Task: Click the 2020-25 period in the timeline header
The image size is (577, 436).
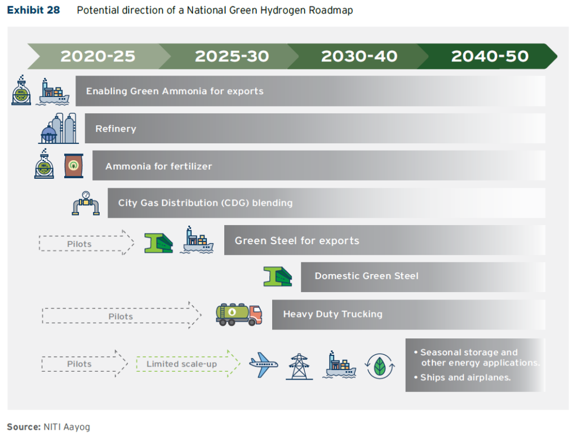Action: (98, 56)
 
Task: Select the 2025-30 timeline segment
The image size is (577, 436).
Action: (232, 56)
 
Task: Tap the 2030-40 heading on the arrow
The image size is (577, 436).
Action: (359, 56)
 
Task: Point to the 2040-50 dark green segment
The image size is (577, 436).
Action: (490, 56)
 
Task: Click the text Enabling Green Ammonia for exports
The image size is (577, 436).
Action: (175, 91)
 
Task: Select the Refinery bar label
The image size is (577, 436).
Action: (116, 129)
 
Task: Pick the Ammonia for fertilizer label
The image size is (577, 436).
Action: (158, 166)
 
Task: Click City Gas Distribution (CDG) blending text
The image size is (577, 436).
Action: (205, 203)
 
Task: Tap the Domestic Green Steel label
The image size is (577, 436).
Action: (366, 276)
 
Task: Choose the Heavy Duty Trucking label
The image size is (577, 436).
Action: (332, 314)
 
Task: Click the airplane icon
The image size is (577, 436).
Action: (264, 365)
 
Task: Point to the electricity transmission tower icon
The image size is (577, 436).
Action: (299, 366)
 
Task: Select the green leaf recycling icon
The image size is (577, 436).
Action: (380, 365)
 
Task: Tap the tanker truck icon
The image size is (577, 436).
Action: (239, 315)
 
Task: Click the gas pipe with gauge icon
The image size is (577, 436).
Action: (86, 203)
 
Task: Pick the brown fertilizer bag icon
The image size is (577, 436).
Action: (73, 166)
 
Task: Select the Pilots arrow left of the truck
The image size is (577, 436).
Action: (121, 316)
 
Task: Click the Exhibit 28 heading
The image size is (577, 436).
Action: (33, 11)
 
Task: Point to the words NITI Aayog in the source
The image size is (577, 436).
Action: (66, 426)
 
